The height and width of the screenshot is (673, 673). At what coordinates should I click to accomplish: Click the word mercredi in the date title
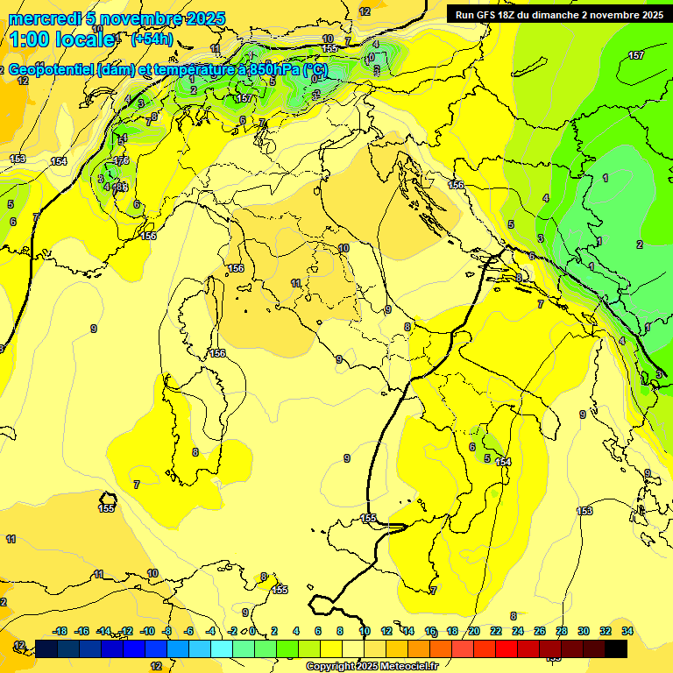tap(40, 18)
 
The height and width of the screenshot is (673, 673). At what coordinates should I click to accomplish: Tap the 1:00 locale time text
tap(61, 39)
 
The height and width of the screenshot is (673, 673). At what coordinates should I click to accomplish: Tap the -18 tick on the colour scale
tap(60, 631)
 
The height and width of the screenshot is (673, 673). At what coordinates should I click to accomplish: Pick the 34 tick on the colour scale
tap(627, 631)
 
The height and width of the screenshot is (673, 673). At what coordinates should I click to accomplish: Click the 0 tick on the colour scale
tap(252, 631)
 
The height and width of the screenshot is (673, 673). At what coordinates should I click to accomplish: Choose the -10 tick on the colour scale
tap(146, 631)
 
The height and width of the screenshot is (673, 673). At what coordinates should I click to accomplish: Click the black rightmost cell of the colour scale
tap(616, 648)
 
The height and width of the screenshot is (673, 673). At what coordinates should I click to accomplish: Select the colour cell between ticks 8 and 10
tap(352, 648)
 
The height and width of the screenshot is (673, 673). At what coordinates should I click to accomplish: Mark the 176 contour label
tap(121, 160)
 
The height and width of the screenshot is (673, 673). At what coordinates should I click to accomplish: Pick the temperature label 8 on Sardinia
tap(195, 452)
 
